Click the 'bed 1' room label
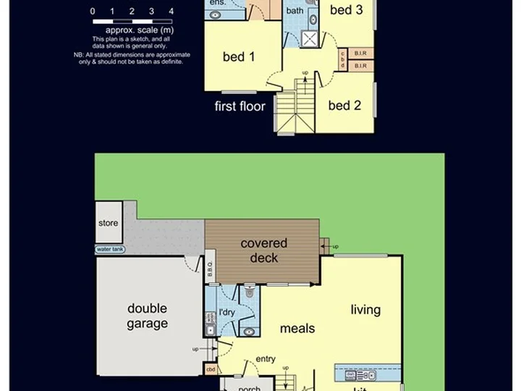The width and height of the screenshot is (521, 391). [239, 57]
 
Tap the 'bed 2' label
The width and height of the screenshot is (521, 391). [344, 106]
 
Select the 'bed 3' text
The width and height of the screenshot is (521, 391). [346, 10]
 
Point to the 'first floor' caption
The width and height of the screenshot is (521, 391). [240, 106]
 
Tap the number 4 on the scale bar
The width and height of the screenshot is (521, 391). [171, 12]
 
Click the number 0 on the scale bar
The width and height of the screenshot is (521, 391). [93, 12]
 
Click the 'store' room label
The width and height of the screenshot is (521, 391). [108, 223]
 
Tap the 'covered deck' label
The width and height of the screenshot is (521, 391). [264, 251]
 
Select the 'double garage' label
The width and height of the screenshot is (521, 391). [148, 316]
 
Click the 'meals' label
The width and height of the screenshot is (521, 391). [297, 328]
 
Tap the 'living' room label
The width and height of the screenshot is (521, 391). [365, 310]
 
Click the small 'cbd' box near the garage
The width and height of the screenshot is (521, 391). [211, 369]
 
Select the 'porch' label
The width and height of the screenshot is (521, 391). [250, 387]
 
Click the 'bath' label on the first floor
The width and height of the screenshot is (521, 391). [295, 11]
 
